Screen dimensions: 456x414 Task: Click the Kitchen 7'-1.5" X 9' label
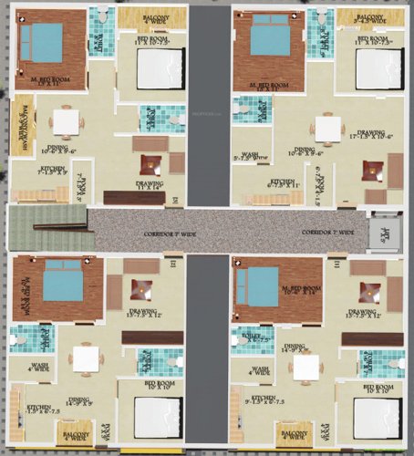click(x=36, y=170)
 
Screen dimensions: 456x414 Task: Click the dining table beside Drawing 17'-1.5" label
click(x=327, y=127)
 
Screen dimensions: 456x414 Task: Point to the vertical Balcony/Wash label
click(x=19, y=122)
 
